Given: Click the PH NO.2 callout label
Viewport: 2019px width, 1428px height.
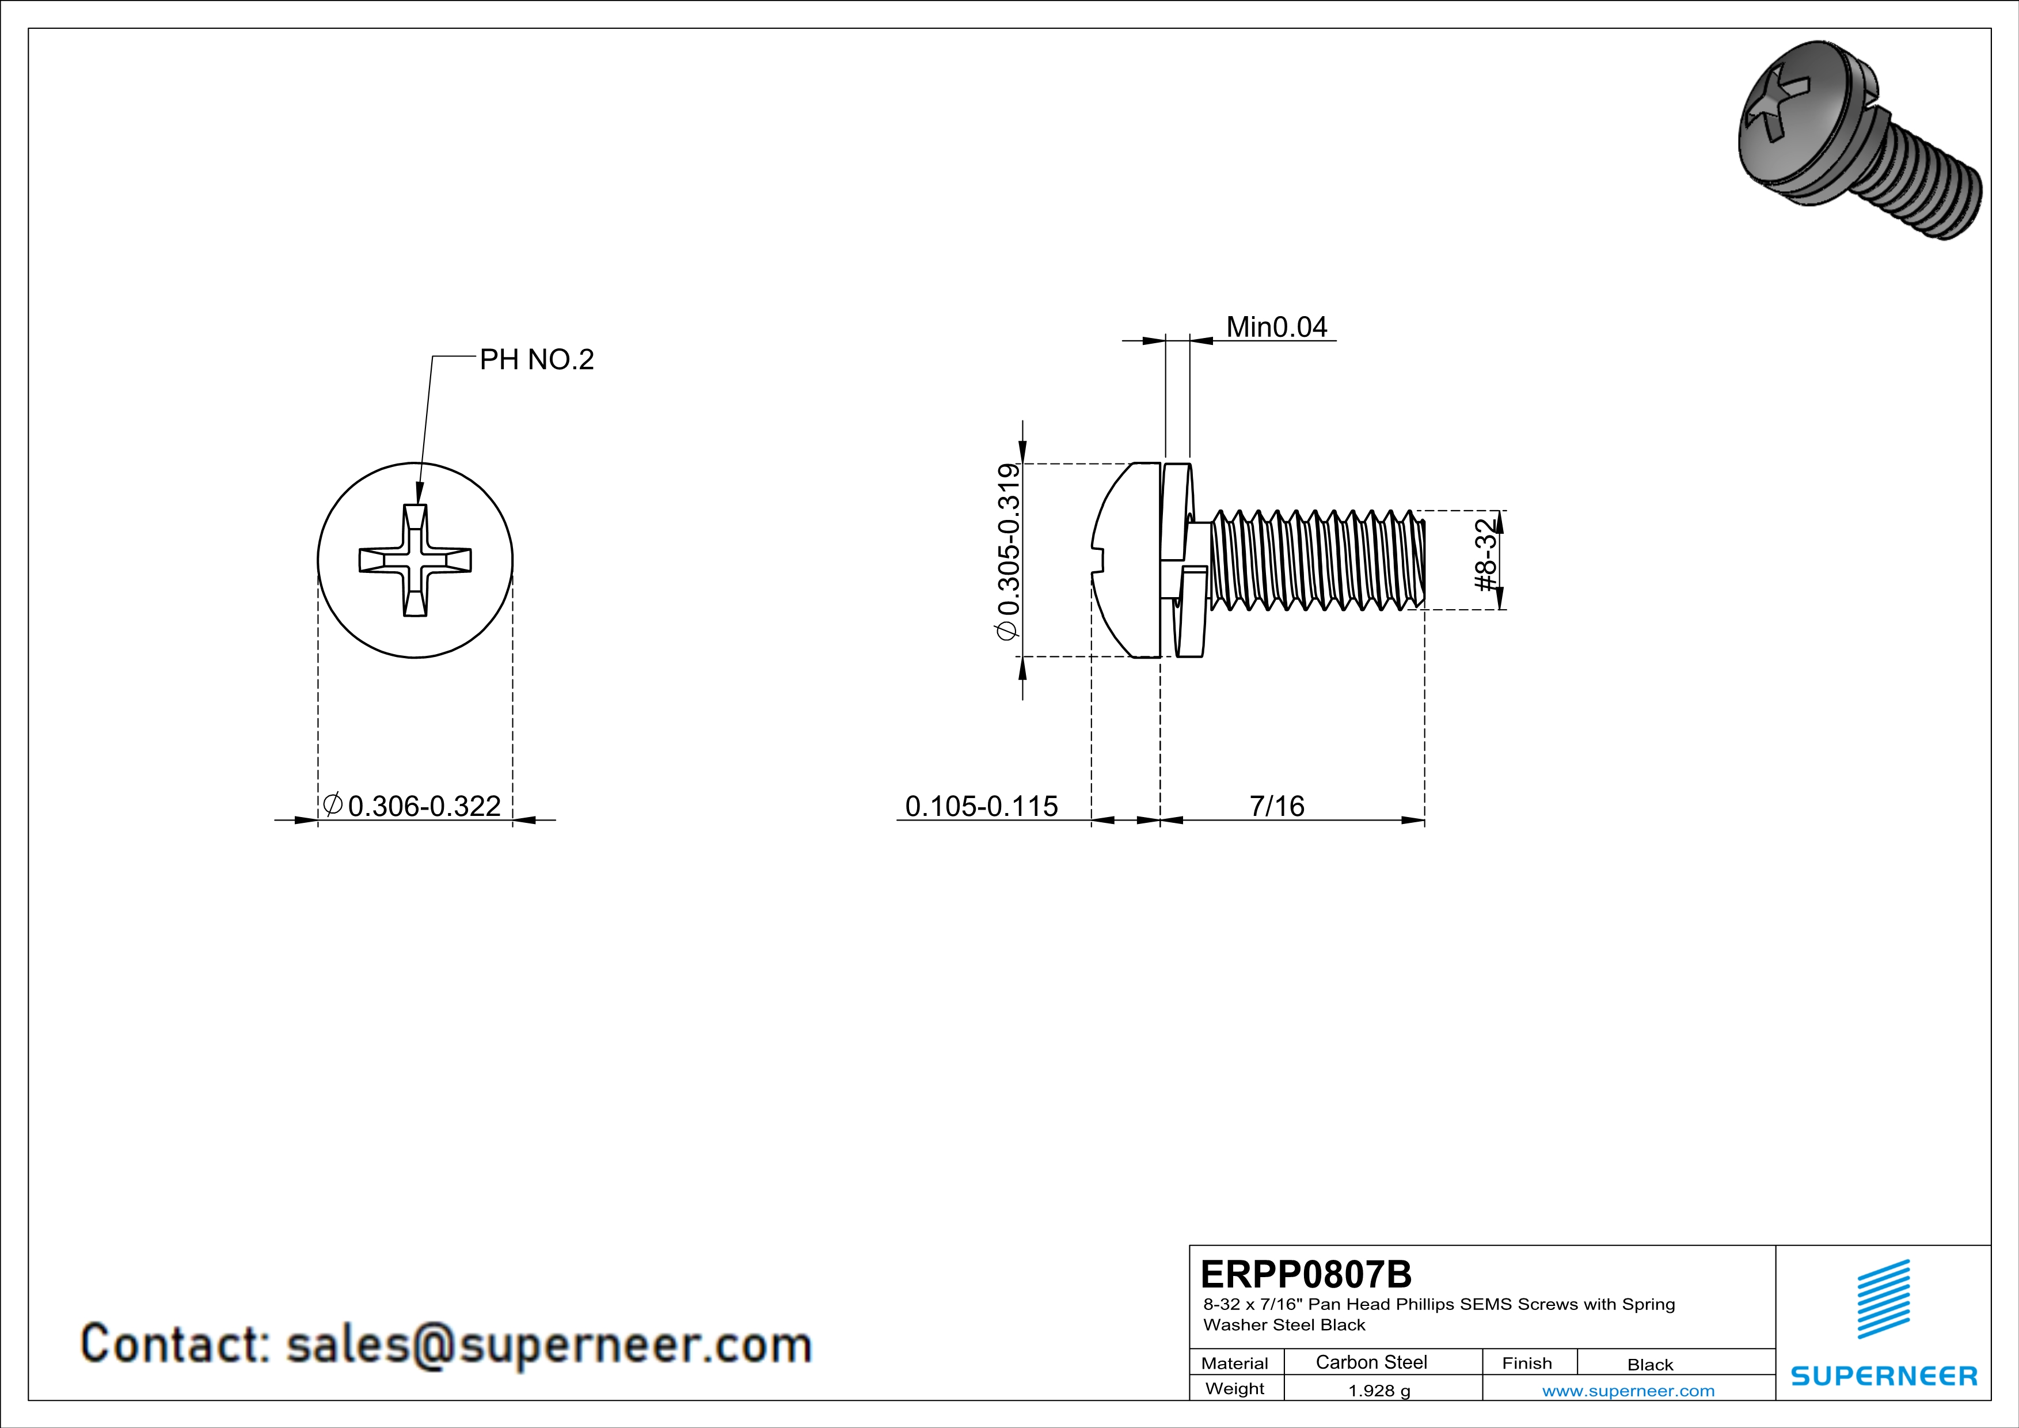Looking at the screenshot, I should [x=537, y=360].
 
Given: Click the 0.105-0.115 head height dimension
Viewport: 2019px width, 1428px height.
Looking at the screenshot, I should [x=982, y=806].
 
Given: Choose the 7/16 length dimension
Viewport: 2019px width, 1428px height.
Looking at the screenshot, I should [x=1277, y=806].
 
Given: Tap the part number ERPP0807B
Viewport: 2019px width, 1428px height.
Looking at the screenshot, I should [x=1306, y=1273].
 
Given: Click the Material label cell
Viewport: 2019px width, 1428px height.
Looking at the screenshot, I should [x=1235, y=1363].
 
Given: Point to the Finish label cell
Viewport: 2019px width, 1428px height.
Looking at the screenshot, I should [x=1527, y=1363].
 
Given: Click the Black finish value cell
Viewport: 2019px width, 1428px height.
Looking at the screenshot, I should [x=1649, y=1365].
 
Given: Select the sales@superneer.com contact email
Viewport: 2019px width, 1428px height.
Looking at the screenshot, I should [x=549, y=1345].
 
